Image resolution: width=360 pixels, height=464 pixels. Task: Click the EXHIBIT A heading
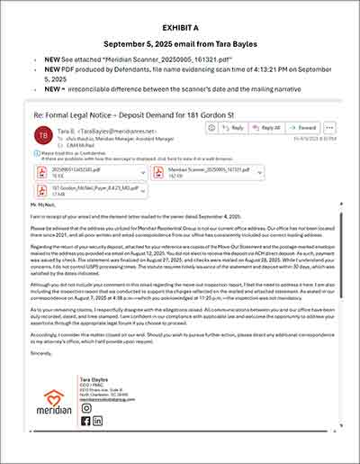(x=181, y=16)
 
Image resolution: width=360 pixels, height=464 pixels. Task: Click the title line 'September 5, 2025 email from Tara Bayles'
(x=181, y=42)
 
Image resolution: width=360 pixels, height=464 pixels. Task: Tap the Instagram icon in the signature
(x=85, y=407)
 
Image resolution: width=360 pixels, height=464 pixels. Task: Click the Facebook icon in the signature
(x=85, y=420)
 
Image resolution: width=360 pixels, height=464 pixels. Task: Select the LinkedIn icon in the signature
(x=97, y=420)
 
